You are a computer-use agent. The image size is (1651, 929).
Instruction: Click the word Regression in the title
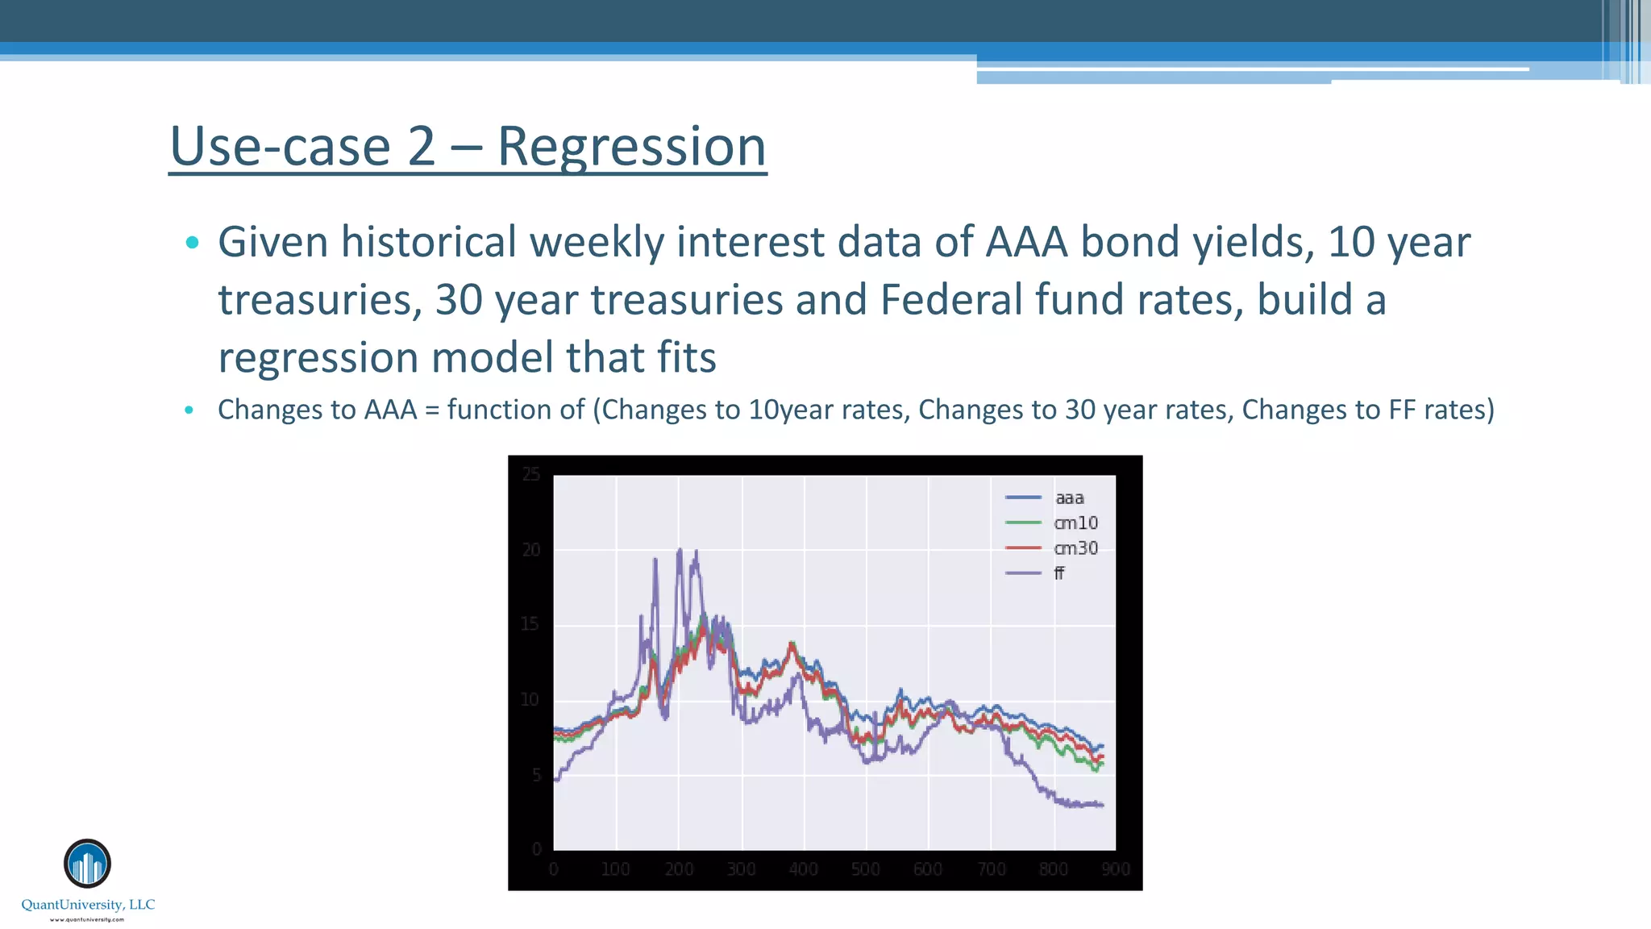click(631, 148)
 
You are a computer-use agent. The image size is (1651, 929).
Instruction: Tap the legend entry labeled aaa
click(1069, 498)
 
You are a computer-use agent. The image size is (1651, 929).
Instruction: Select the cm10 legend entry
click(1075, 523)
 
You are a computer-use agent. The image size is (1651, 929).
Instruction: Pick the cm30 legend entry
click(1075, 548)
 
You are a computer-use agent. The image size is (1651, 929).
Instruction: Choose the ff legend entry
click(1059, 573)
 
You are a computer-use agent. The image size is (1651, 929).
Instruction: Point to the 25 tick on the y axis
click(530, 474)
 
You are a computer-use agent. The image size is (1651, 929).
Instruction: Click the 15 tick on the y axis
click(530, 624)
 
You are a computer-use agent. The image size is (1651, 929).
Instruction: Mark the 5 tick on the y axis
click(535, 775)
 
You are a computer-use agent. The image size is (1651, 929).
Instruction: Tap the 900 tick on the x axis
click(1116, 869)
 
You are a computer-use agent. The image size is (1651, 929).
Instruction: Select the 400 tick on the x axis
click(803, 869)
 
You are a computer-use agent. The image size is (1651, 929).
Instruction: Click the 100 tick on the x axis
click(616, 869)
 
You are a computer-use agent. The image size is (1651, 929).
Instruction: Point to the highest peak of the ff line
click(680, 550)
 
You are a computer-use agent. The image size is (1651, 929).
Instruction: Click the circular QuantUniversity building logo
click(87, 864)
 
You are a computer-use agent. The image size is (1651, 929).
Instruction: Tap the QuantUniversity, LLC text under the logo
click(88, 905)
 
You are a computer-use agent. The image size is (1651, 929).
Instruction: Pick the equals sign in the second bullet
click(432, 410)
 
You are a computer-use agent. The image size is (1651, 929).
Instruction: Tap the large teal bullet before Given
click(192, 242)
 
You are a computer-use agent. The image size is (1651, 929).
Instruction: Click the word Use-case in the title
click(280, 148)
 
